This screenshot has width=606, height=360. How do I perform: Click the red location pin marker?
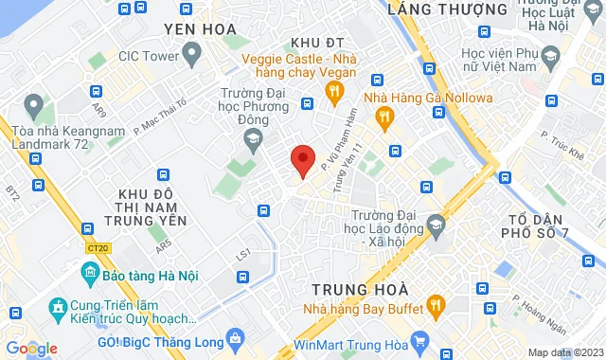pyautogui.click(x=302, y=161)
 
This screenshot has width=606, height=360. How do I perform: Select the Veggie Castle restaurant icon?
pyautogui.click(x=333, y=91)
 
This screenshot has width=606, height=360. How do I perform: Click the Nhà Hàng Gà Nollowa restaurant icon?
pyautogui.click(x=383, y=117)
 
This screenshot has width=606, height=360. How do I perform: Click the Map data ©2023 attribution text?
pyautogui.click(x=565, y=352)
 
